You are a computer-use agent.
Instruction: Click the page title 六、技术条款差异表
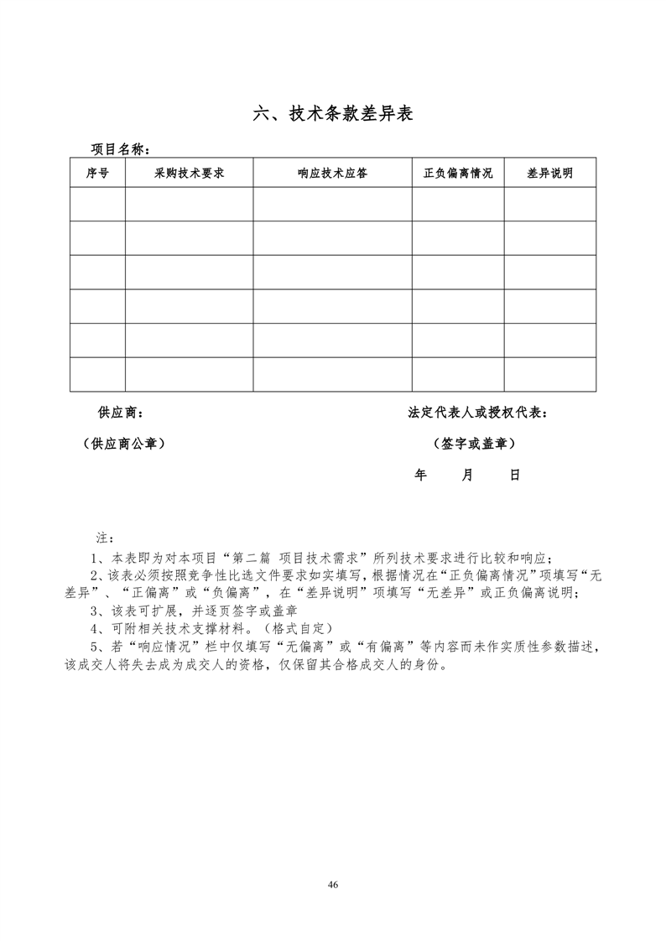[x=333, y=114]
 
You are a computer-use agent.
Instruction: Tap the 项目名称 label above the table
[x=120, y=149]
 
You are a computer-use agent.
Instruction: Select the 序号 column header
[x=97, y=173]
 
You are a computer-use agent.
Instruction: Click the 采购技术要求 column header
[x=189, y=173]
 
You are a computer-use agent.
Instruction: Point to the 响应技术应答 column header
[x=332, y=173]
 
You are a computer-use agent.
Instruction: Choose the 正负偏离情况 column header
[x=458, y=173]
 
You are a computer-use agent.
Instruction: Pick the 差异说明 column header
[x=549, y=173]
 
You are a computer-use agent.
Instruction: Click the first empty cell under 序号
[x=97, y=204]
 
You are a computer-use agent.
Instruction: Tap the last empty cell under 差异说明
[x=549, y=374]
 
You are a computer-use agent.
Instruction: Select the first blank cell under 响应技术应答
[x=332, y=204]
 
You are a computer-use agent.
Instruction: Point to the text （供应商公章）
[x=118, y=444]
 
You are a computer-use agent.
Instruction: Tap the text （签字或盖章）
[x=474, y=444]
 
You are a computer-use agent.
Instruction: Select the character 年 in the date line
[x=420, y=475]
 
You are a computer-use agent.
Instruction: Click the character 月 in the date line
[x=467, y=475]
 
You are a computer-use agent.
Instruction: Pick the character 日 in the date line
[x=515, y=475]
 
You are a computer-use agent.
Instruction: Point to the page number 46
[x=333, y=885]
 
